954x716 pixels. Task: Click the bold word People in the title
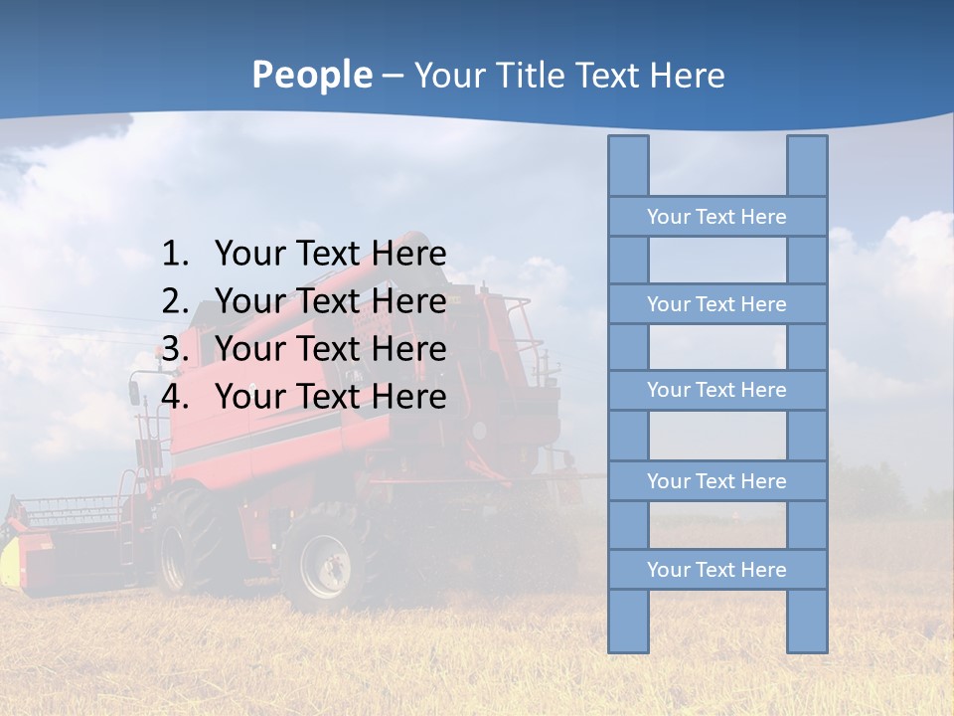(x=311, y=76)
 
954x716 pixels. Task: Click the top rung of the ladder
(x=716, y=217)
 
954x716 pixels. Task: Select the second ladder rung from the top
(x=716, y=304)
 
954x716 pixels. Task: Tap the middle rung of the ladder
(x=716, y=391)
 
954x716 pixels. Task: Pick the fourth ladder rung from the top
(x=716, y=481)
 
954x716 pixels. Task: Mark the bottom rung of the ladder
(x=716, y=570)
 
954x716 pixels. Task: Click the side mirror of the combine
(x=134, y=392)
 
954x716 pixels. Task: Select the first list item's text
(x=330, y=255)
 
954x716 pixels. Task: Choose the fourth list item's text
(x=330, y=397)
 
